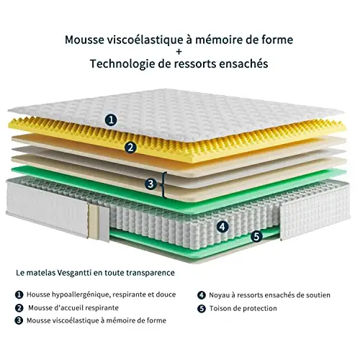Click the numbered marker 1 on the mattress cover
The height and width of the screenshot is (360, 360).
[x=111, y=120]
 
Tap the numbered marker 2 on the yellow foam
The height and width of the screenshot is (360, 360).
[x=130, y=148]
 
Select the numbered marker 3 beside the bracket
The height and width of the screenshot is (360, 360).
[x=150, y=184]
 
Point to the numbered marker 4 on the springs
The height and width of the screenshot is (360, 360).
[x=222, y=227]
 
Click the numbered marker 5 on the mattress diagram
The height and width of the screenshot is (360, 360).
[x=257, y=236]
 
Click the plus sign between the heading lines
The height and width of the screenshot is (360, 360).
[x=179, y=51]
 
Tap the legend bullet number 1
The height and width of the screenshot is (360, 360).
[x=19, y=294]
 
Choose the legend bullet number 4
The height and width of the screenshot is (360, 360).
[x=202, y=295]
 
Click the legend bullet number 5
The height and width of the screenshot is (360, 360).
[x=202, y=309]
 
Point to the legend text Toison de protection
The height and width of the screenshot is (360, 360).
[x=243, y=308]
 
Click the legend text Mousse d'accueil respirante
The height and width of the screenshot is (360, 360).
[x=73, y=308]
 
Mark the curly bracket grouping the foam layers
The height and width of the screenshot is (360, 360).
[x=164, y=185]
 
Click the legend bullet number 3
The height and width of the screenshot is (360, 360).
[x=19, y=320]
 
